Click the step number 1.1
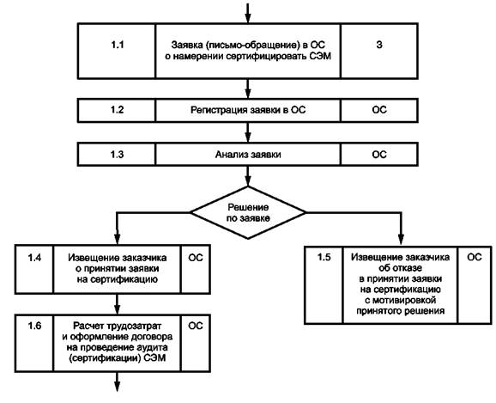(117, 45)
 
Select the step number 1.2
(117, 110)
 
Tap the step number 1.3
(117, 155)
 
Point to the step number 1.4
(34, 258)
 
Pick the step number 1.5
(324, 257)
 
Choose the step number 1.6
(34, 326)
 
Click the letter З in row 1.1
(379, 45)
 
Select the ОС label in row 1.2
(379, 110)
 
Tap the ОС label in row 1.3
(379, 155)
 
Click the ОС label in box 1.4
(196, 258)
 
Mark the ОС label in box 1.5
(475, 257)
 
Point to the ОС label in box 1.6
(196, 326)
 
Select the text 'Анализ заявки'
(248, 155)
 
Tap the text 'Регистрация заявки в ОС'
(248, 110)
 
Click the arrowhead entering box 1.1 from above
(248, 18)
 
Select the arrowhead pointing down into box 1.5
(401, 239)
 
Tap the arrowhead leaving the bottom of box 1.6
(117, 386)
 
